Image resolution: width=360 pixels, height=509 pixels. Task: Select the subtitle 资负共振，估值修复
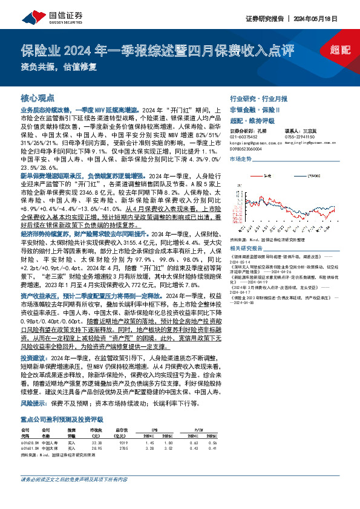click(x=59, y=67)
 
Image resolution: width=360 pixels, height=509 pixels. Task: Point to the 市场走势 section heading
click(x=240, y=158)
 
